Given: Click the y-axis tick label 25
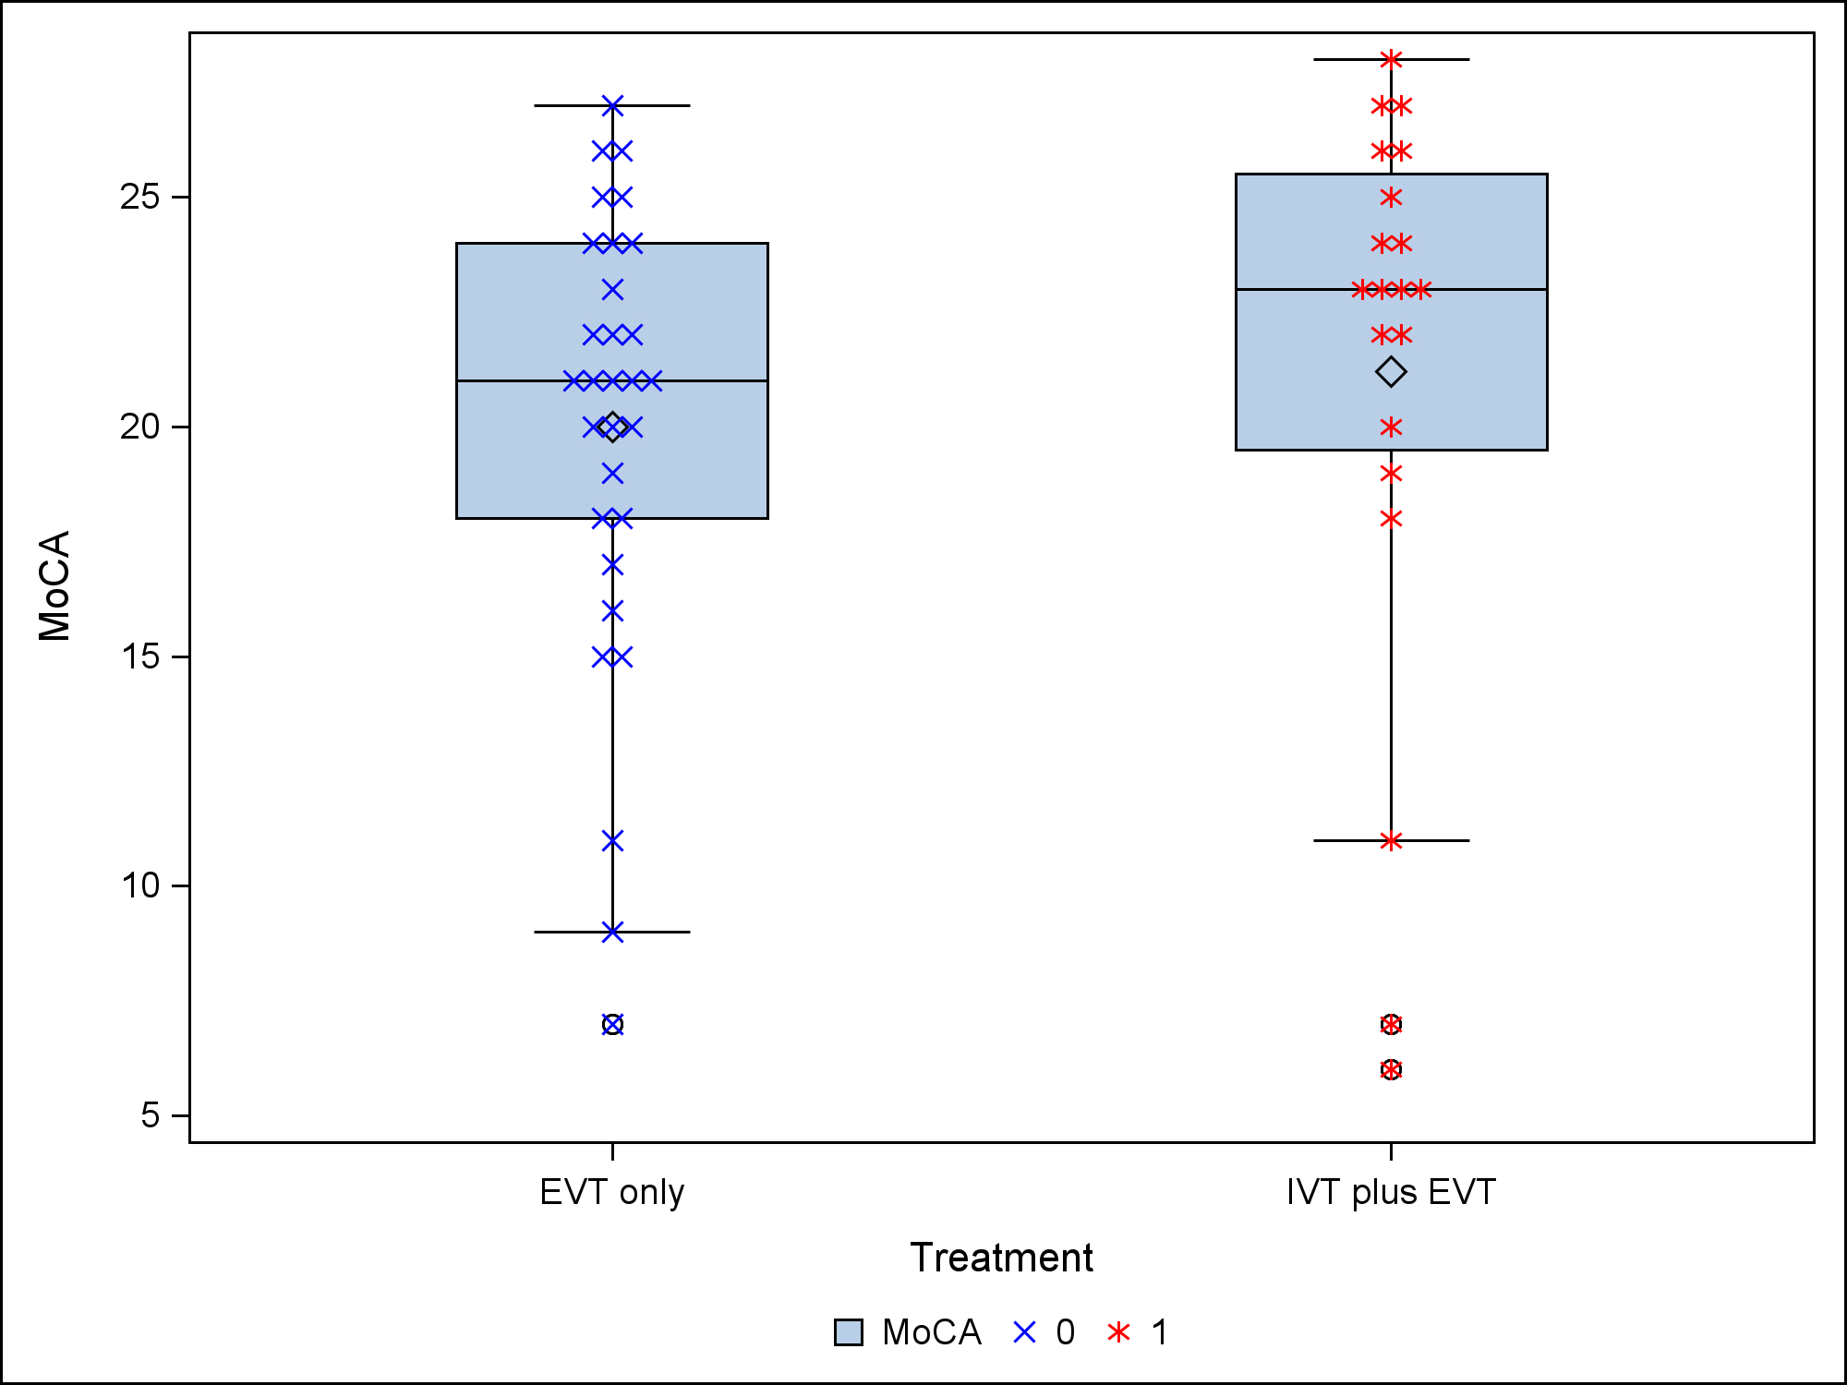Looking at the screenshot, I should (139, 197).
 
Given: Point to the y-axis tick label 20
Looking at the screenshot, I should (139, 427).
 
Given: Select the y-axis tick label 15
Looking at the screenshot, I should (139, 656).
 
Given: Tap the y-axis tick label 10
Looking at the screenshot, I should (139, 885).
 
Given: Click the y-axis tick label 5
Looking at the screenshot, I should (151, 1115).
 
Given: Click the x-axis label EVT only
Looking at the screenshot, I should (612, 1192).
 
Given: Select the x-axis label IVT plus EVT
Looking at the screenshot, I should (1391, 1192).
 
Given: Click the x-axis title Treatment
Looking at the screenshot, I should (1001, 1258).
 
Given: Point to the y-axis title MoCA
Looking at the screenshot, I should (54, 585).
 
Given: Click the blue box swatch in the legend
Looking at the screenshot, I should (848, 1332).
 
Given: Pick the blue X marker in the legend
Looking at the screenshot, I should (1025, 1332).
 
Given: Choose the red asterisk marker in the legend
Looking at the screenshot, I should (1118, 1332).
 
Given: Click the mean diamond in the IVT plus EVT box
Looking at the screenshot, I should (1391, 372).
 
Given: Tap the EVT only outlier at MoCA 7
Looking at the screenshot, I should (612, 1024).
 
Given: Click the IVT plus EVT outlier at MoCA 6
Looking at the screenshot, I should (1391, 1069).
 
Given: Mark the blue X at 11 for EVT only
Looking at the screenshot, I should (612, 840).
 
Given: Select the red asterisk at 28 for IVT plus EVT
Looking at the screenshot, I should (1391, 60).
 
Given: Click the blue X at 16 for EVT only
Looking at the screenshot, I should (612, 610).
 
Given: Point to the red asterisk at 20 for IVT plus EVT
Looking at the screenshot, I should (1391, 427).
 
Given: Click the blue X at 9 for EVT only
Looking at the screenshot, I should (612, 932).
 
